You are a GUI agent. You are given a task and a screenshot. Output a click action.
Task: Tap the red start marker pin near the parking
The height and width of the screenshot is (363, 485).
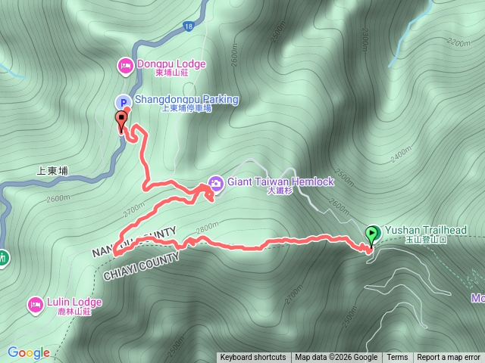120,119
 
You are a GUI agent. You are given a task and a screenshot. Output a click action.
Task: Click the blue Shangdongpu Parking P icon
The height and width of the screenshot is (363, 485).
123,101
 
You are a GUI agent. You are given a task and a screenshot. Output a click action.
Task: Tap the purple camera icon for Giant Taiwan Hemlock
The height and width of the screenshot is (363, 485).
215,183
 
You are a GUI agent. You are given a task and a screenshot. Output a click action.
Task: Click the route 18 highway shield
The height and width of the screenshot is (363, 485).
187,27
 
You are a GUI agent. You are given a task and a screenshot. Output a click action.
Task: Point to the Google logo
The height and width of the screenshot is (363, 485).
28,352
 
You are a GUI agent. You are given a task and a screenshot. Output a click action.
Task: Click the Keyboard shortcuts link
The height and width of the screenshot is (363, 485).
253,358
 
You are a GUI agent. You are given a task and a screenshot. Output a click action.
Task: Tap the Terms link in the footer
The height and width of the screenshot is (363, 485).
397,358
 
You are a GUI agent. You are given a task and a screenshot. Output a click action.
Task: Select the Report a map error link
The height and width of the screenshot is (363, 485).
449,358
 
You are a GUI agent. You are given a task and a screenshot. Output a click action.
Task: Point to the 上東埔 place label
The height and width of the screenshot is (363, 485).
52,171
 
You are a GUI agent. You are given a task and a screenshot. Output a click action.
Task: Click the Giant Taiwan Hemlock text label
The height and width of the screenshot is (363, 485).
280,182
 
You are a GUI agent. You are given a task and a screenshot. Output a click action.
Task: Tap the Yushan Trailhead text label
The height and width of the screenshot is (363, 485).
425,230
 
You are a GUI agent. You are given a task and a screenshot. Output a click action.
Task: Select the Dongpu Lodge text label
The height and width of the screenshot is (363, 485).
171,64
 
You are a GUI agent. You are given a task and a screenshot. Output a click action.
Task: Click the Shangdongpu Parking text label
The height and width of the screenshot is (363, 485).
186,100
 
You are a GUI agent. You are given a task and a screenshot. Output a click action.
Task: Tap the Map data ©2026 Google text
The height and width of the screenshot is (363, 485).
336,358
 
